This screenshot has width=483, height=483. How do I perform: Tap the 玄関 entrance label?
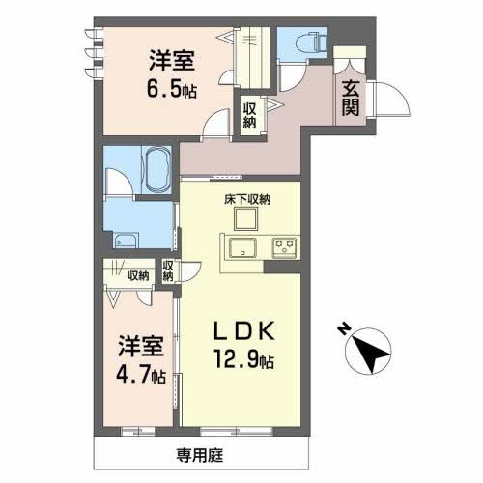pyautogui.click(x=349, y=97)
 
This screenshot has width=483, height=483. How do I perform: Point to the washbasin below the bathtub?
pyautogui.click(x=127, y=241)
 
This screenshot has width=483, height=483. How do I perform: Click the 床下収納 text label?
pyautogui.click(x=248, y=200)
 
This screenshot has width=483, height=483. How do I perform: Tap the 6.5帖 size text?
pyautogui.click(x=174, y=90)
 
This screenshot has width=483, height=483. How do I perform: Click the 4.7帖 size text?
pyautogui.click(x=135, y=372)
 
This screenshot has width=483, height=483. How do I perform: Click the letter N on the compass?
pyautogui.click(x=344, y=329)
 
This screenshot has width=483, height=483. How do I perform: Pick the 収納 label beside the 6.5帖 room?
pyautogui.click(x=249, y=115)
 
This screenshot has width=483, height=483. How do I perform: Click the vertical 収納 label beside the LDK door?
pyautogui.click(x=168, y=271)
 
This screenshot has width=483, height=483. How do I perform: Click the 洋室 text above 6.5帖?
pyautogui.click(x=173, y=61)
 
